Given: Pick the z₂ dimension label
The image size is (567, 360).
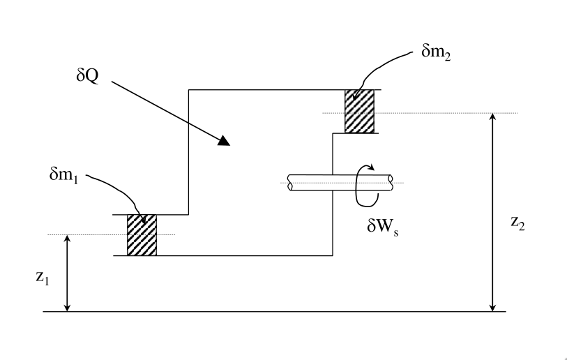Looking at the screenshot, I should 517,224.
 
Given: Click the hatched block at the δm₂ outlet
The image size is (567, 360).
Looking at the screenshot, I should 360,111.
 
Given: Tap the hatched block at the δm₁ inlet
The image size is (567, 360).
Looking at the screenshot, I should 142,235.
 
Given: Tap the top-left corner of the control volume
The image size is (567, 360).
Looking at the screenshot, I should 189,89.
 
